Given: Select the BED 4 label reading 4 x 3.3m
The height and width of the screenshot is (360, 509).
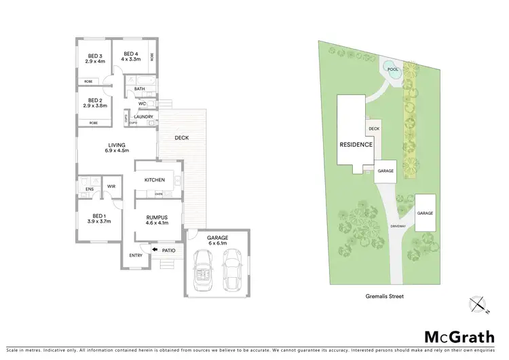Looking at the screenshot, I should pyautogui.click(x=131, y=56).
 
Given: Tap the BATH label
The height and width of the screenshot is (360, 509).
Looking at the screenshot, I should pyautogui.click(x=139, y=89).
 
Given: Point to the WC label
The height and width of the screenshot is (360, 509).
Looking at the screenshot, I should pyautogui.click(x=142, y=103).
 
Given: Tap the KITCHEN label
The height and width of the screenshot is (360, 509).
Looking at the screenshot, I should pyautogui.click(x=155, y=179).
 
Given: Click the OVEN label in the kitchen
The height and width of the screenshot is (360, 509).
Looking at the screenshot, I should pyautogui.click(x=159, y=194).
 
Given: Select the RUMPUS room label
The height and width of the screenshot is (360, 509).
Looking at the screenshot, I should pyautogui.click(x=156, y=219).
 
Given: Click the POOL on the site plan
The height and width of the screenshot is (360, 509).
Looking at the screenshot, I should pyautogui.click(x=392, y=69).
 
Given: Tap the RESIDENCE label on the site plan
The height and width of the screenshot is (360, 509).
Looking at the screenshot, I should pyautogui.click(x=356, y=145).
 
